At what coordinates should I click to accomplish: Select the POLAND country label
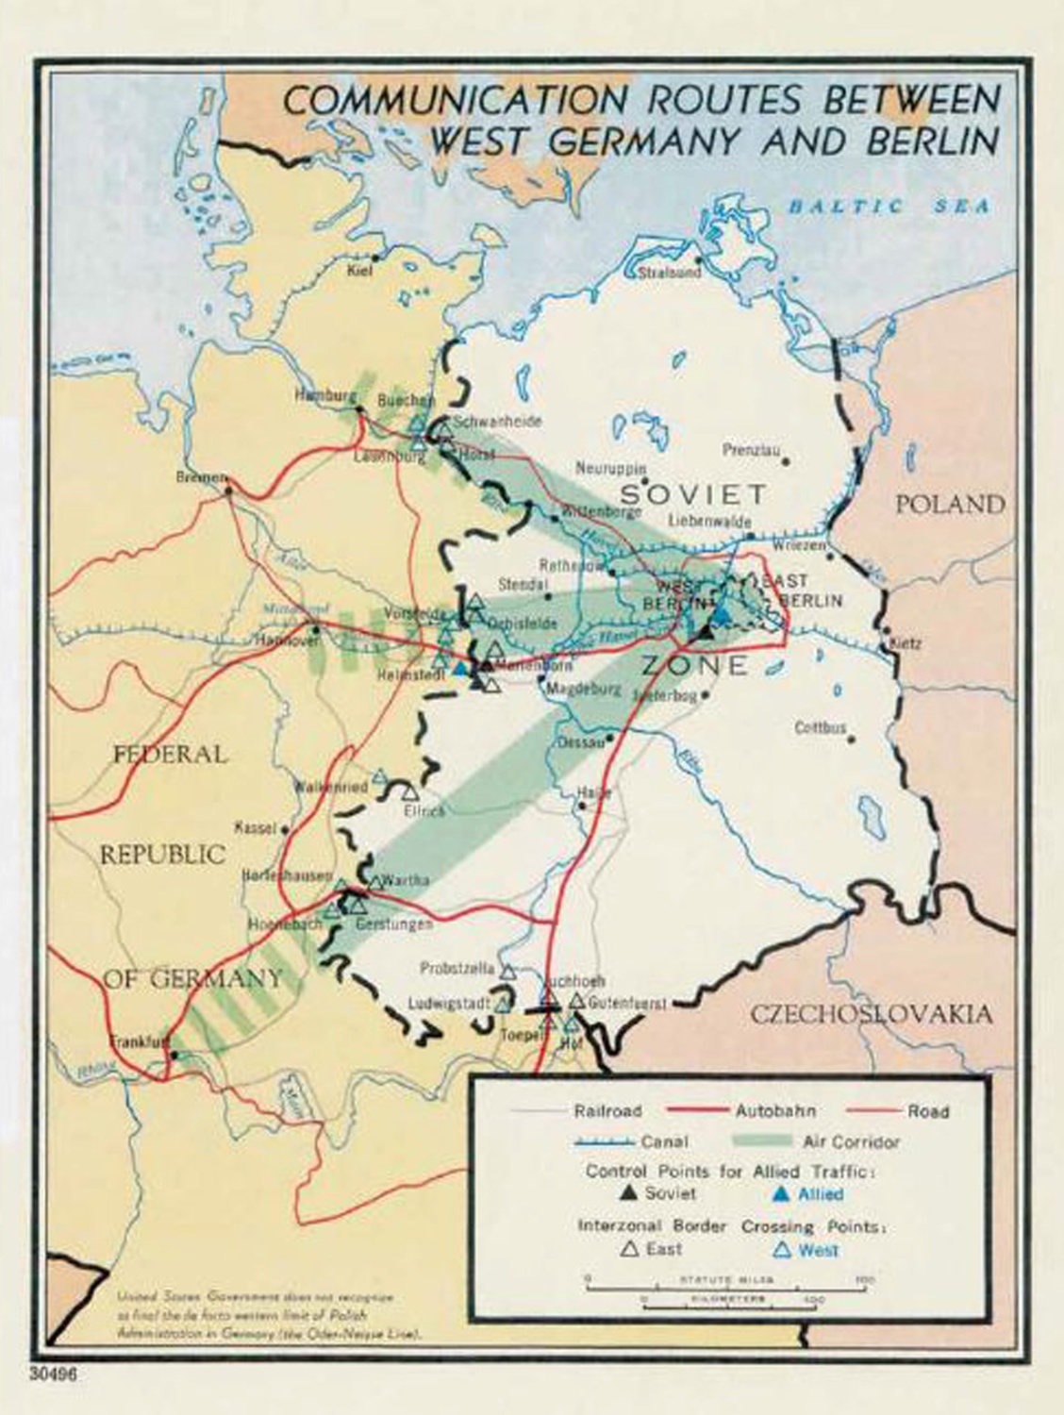tap(949, 504)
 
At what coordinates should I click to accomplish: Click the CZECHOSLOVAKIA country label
tap(871, 1014)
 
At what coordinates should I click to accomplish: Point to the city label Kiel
tap(360, 271)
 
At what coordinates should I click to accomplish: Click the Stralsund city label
tap(670, 273)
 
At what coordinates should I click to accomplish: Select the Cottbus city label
tap(820, 727)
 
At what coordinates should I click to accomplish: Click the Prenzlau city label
tap(751, 450)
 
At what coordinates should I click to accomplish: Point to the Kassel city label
tap(255, 827)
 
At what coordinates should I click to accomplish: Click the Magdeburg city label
tap(584, 690)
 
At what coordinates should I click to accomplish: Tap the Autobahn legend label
tap(775, 1111)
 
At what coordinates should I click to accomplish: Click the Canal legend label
tap(664, 1141)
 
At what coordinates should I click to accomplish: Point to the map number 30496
tap(53, 1374)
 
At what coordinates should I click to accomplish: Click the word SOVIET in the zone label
tap(692, 494)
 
